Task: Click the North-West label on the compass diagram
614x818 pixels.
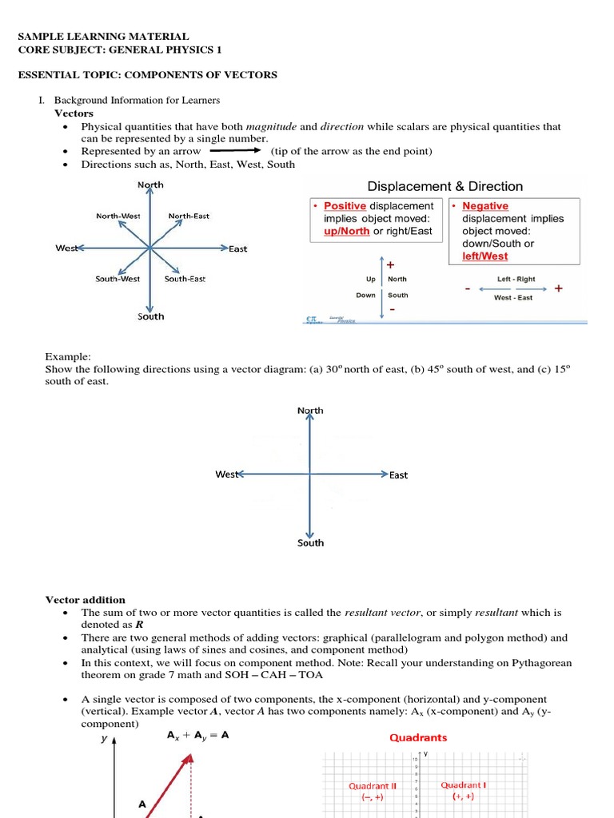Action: click(118, 216)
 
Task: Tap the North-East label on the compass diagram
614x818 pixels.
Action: click(189, 216)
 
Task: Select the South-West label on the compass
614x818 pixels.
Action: click(118, 279)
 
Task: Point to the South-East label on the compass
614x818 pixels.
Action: click(185, 279)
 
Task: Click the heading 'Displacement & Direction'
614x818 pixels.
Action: click(445, 186)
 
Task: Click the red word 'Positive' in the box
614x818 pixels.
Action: click(345, 206)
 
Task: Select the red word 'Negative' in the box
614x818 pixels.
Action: click(484, 206)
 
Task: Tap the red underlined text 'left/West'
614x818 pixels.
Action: click(484, 256)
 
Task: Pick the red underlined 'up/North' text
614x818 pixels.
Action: click(347, 232)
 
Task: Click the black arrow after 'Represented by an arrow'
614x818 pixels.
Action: click(236, 150)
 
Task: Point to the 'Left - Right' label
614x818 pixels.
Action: click(516, 280)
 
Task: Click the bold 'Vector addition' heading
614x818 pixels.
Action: click(86, 600)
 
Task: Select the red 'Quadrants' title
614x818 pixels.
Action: click(418, 738)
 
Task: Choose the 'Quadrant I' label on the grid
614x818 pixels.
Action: click(464, 785)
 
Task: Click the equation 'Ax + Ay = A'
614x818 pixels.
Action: click(197, 737)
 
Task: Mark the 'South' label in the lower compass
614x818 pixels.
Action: click(310, 543)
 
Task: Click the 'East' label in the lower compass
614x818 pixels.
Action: click(398, 475)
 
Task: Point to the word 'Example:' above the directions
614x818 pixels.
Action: click(68, 356)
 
